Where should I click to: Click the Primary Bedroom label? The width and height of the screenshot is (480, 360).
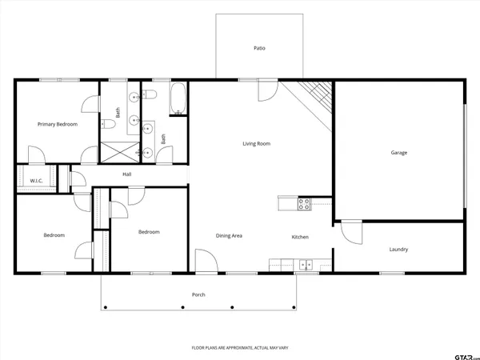(x=58, y=124)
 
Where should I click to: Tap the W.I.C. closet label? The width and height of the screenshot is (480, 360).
(x=36, y=181)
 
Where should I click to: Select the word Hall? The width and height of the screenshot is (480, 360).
(x=126, y=174)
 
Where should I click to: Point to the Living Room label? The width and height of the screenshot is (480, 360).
(x=257, y=144)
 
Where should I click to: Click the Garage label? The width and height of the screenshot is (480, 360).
(x=399, y=152)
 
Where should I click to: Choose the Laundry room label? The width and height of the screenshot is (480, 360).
(x=398, y=250)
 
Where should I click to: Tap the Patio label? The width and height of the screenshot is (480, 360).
(x=259, y=49)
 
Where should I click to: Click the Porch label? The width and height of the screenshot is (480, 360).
(x=198, y=294)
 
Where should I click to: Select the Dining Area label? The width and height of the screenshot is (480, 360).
(x=229, y=236)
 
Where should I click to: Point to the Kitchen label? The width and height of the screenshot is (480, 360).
(x=300, y=237)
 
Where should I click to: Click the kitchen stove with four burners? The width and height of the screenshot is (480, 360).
(x=304, y=204)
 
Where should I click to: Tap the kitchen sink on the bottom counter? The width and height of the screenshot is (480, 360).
(x=305, y=264)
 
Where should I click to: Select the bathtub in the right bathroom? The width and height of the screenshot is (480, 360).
(x=178, y=100)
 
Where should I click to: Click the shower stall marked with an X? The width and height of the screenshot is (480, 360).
(x=120, y=150)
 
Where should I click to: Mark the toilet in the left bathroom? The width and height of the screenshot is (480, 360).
(x=106, y=123)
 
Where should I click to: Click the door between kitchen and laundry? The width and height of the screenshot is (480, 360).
(x=350, y=231)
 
